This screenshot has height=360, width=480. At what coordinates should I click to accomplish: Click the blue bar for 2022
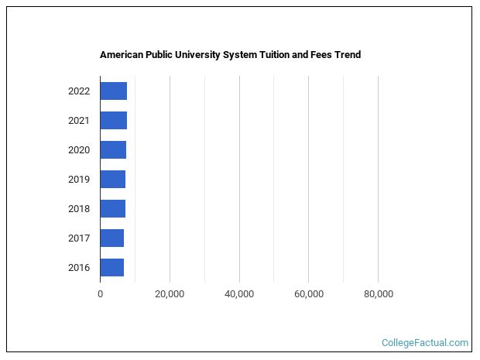click(x=113, y=91)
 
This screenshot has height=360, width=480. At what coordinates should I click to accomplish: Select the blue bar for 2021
click(x=113, y=121)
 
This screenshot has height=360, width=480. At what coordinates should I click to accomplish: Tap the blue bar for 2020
click(x=113, y=150)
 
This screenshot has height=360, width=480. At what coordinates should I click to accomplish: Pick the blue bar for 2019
click(x=112, y=180)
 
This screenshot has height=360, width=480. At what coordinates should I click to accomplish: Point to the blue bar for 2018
click(x=112, y=209)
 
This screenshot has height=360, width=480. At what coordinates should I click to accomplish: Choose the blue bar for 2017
click(x=111, y=238)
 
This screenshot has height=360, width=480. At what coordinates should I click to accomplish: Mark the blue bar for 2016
click(x=111, y=268)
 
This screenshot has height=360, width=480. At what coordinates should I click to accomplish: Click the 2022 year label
click(x=79, y=91)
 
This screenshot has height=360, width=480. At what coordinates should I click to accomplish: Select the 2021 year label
click(x=79, y=121)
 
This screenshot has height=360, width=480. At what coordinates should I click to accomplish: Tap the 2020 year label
click(x=79, y=150)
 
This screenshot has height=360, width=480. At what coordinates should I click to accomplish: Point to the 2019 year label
click(x=79, y=180)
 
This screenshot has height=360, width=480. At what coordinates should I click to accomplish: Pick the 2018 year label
click(x=79, y=209)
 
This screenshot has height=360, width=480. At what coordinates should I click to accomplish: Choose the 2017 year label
click(x=79, y=238)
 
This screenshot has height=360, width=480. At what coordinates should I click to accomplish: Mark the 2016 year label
click(x=79, y=268)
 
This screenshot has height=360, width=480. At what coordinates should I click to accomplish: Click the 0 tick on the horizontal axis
click(x=100, y=294)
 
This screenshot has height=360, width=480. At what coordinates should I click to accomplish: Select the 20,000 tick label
click(x=170, y=294)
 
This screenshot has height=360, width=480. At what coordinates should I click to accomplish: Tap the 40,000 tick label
click(x=239, y=294)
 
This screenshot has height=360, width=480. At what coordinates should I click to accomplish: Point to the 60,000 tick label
click(x=308, y=294)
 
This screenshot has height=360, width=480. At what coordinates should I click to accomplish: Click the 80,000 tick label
click(x=378, y=294)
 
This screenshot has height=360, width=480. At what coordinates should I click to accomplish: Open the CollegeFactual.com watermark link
click(x=425, y=342)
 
